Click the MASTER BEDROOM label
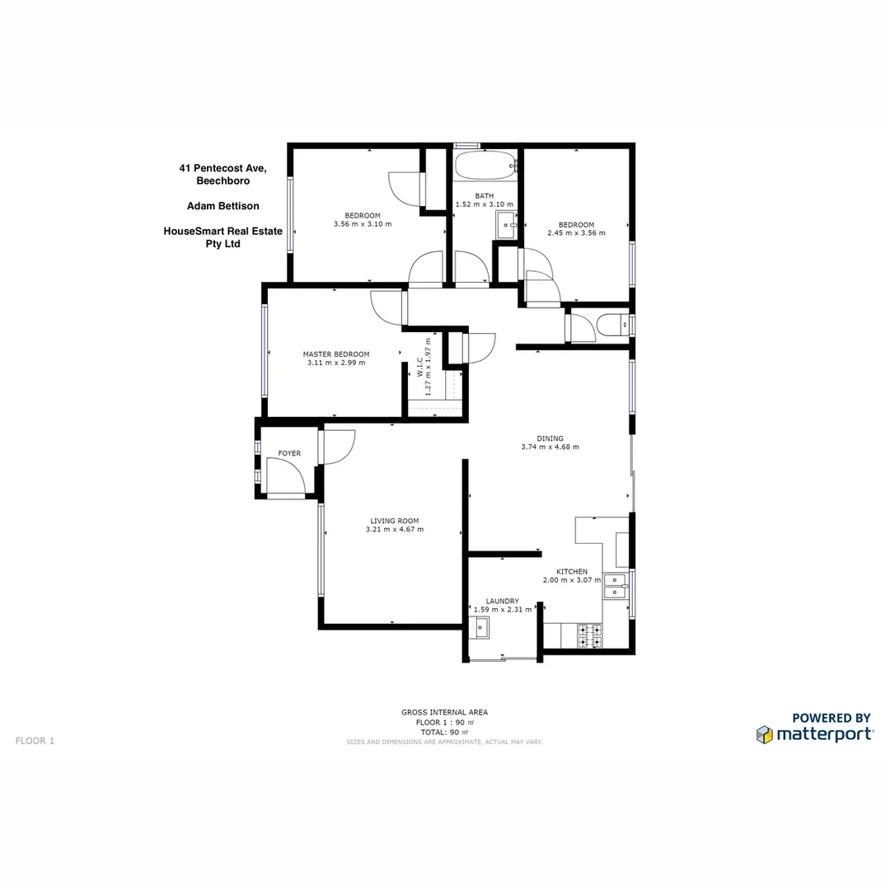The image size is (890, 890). (336, 354)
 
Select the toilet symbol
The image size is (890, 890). (612, 326)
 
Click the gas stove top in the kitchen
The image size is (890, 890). (590, 635)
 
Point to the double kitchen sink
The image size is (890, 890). (615, 585)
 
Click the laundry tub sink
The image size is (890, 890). (479, 628)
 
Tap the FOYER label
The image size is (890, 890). (289, 454)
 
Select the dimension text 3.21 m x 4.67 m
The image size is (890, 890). (395, 529)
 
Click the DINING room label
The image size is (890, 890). (550, 438)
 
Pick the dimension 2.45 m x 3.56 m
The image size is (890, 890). (576, 233)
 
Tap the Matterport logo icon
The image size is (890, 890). (765, 734)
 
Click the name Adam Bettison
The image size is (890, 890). (223, 206)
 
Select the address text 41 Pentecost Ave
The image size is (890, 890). (223, 168)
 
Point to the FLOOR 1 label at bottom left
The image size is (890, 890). (35, 741)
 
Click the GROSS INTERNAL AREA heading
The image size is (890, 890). (445, 712)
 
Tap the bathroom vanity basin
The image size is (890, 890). (505, 223)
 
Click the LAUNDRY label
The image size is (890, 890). (502, 602)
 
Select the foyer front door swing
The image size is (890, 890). (284, 477)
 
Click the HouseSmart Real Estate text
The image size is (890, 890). (223, 232)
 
